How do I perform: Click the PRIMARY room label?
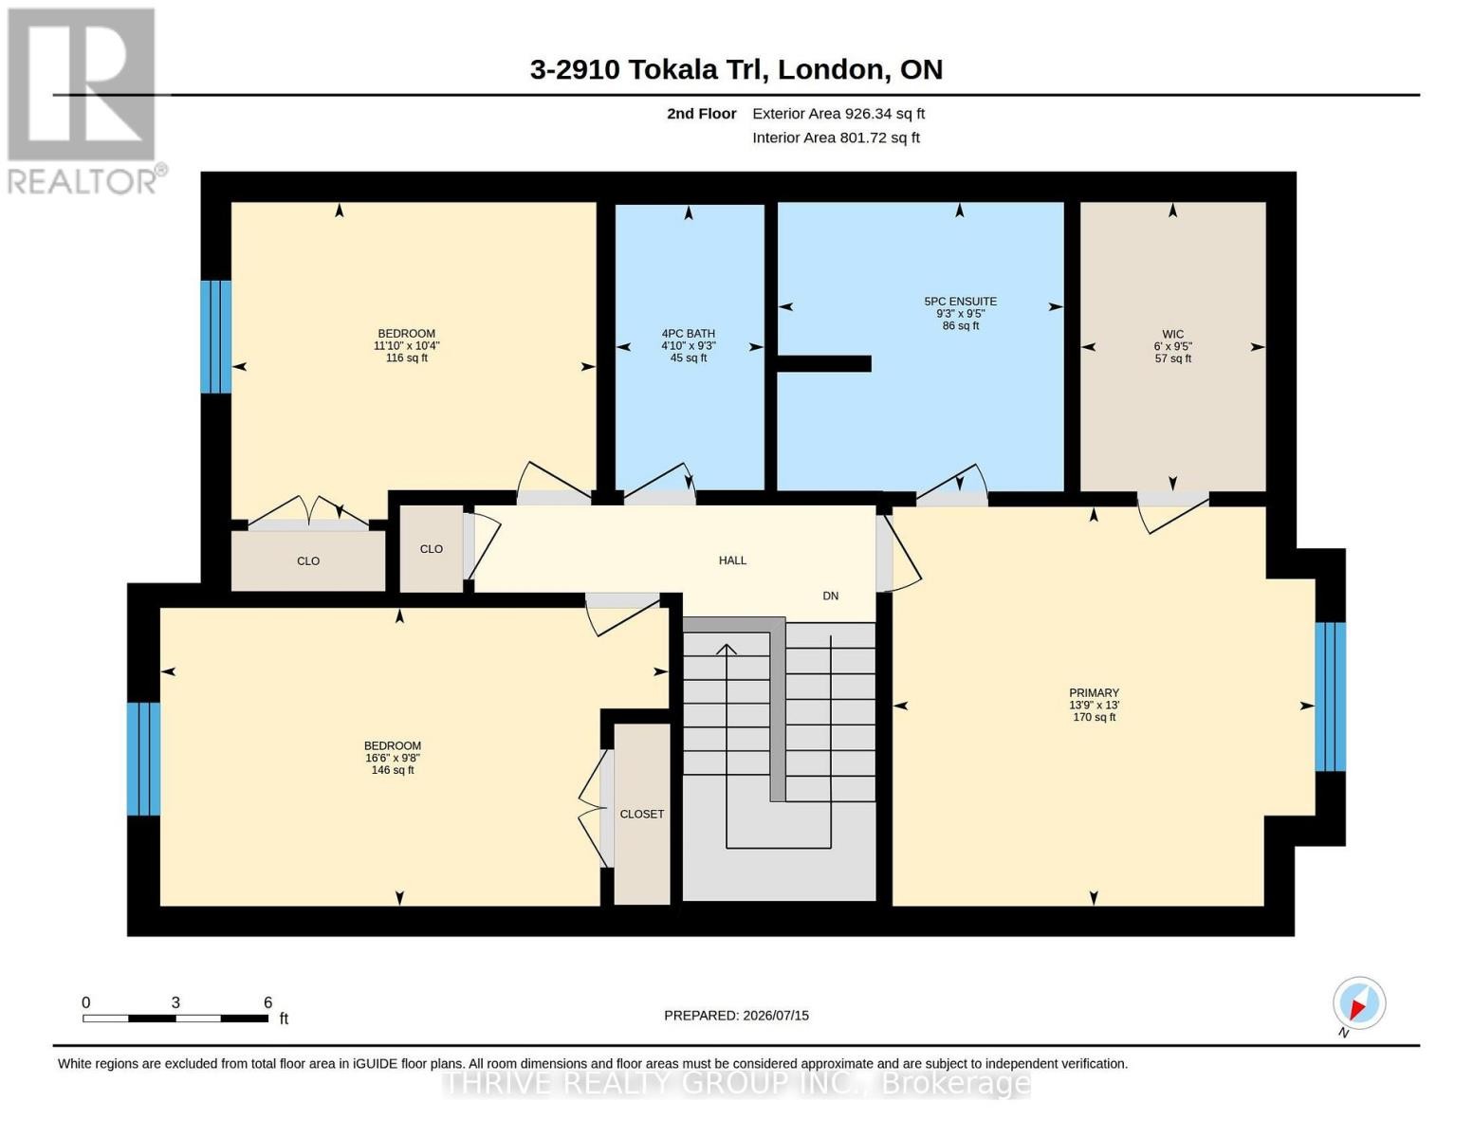pyautogui.click(x=1094, y=692)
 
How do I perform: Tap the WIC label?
pyautogui.click(x=1172, y=334)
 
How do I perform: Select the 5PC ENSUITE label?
pyautogui.click(x=961, y=301)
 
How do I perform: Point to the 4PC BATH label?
pyautogui.click(x=688, y=334)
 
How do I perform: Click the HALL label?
pyautogui.click(x=732, y=560)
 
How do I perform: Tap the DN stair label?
pyautogui.click(x=830, y=596)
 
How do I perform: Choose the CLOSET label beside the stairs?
pyautogui.click(x=641, y=814)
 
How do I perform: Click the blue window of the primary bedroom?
pyautogui.click(x=1330, y=696)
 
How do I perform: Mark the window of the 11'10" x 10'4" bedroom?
pyautogui.click(x=215, y=337)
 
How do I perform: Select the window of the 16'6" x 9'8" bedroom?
pyautogui.click(x=144, y=759)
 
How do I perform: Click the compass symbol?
pyautogui.click(x=1359, y=1003)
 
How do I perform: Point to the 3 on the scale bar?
pyautogui.click(x=175, y=1002)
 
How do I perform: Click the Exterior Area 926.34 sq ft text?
pyautogui.click(x=838, y=114)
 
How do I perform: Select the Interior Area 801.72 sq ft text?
pyautogui.click(x=836, y=138)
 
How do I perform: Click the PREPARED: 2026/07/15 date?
pyautogui.click(x=736, y=1016)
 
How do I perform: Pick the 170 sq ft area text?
pyautogui.click(x=1094, y=717)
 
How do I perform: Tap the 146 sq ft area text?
pyautogui.click(x=393, y=770)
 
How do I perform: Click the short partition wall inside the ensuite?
pyautogui.click(x=823, y=364)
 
